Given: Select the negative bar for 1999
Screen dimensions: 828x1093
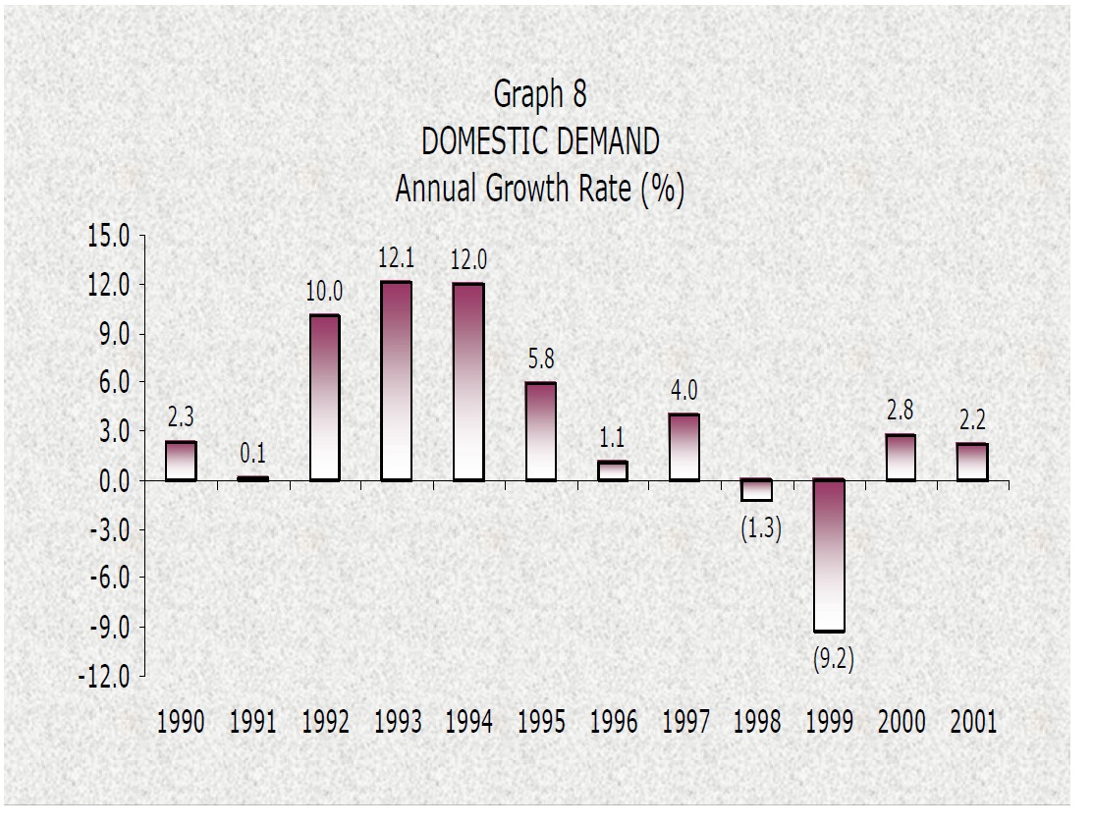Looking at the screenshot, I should tap(829, 555).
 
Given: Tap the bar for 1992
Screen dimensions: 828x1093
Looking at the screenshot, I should tap(324, 398).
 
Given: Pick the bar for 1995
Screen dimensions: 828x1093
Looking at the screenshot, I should tap(540, 431).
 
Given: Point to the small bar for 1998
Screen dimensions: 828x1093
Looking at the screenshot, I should tap(757, 490).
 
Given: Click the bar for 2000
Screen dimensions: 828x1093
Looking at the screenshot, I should tap(901, 457).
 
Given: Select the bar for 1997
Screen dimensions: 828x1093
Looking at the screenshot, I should tap(684, 447).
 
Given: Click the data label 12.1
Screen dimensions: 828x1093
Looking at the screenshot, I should tap(396, 260).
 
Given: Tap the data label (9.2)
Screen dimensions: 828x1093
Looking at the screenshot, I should tap(833, 660).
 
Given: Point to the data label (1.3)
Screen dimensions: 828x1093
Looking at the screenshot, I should tap(760, 530).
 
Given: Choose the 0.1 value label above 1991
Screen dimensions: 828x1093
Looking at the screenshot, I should tap(252, 455).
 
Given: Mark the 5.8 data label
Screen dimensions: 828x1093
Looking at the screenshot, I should tap(541, 360).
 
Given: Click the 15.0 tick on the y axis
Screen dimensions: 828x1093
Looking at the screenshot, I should tap(109, 237).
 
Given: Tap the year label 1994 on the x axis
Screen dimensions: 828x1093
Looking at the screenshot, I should tap(468, 723).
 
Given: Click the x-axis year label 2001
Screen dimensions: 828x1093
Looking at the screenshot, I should tap(973, 723).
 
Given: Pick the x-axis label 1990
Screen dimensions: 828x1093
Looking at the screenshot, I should tap(181, 723).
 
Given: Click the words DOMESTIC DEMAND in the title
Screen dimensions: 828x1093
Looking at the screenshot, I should tap(540, 142).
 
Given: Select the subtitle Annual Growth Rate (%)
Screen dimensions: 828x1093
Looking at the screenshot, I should tap(540, 189).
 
